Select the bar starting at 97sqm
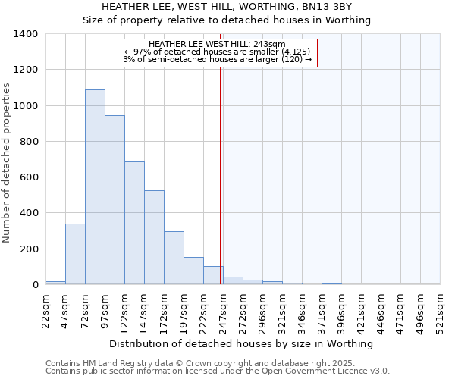[115, 200]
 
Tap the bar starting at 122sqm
[134, 223]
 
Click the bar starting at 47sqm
[75, 254]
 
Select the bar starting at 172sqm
[174, 258]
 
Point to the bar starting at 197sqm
[193, 271]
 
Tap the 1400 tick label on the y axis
[26, 34]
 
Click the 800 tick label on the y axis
[29, 142]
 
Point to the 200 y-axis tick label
[29, 249]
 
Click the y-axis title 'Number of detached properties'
[7, 159]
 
